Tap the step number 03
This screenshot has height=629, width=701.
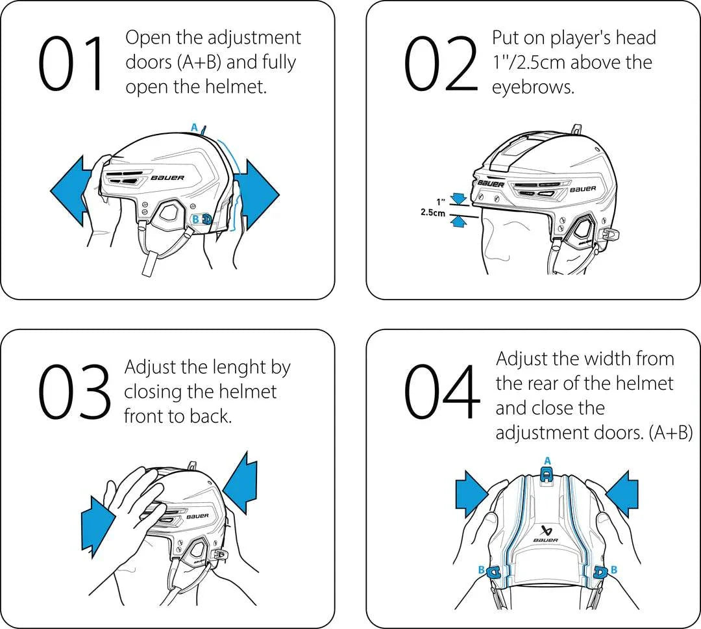[x=73, y=390]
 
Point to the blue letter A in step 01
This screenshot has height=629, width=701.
[x=194, y=128]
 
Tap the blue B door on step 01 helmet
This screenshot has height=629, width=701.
[x=206, y=219]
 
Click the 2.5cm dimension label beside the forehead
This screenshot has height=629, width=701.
[x=432, y=213]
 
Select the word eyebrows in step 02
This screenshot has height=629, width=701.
[x=533, y=87]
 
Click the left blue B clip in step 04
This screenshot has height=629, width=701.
[x=493, y=571]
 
